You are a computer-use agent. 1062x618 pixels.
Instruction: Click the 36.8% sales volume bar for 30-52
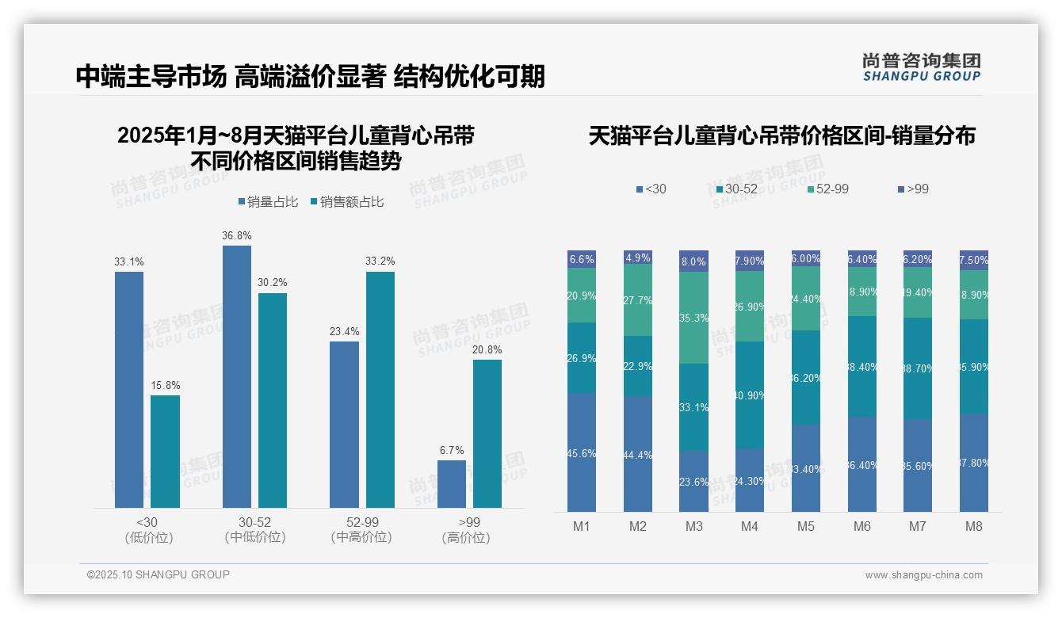pyautogui.click(x=237, y=376)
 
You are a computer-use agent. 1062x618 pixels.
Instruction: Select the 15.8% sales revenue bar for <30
pyautogui.click(x=165, y=451)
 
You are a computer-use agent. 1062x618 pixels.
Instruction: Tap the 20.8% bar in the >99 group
pyautogui.click(x=487, y=433)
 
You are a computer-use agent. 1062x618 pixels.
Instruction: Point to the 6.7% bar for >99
pyautogui.click(x=452, y=483)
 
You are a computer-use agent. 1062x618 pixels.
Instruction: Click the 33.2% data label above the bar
pyautogui.click(x=380, y=261)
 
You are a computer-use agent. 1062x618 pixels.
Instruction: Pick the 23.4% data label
pyautogui.click(x=345, y=331)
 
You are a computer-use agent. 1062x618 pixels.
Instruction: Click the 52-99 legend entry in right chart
pyautogui.click(x=827, y=189)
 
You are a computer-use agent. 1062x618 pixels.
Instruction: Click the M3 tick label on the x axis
pyautogui.click(x=693, y=527)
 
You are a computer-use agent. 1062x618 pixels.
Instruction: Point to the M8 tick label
pyautogui.click(x=974, y=527)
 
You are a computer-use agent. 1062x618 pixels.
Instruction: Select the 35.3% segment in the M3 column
pyautogui.click(x=693, y=318)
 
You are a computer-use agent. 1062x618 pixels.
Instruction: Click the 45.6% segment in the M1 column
pyautogui.click(x=581, y=452)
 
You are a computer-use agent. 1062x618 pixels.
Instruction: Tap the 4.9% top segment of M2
pyautogui.click(x=637, y=257)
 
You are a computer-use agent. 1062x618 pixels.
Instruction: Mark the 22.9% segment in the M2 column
pyautogui.click(x=637, y=366)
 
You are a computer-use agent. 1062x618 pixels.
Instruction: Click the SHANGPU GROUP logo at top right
pyautogui.click(x=921, y=67)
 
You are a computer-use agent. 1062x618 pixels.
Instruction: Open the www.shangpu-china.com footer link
pyautogui.click(x=923, y=575)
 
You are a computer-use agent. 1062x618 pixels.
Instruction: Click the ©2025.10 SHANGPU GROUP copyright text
pyautogui.click(x=159, y=574)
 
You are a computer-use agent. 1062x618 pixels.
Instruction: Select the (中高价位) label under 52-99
pyautogui.click(x=362, y=538)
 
